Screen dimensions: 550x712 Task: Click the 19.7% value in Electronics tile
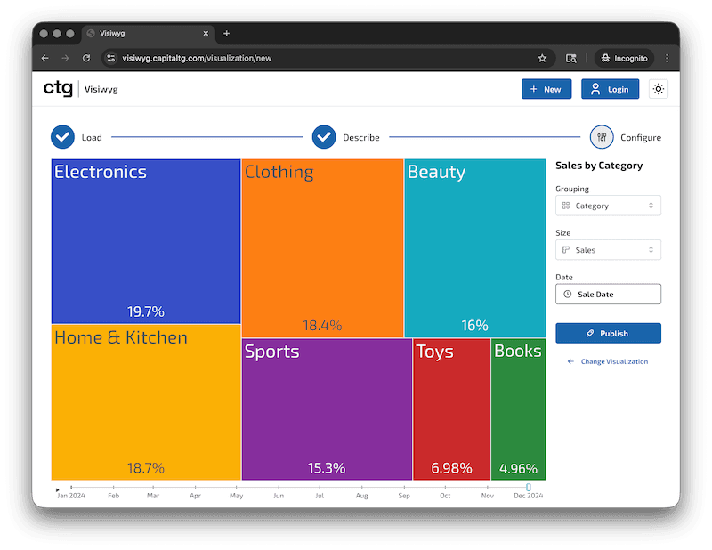[x=146, y=311]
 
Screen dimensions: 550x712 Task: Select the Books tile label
[x=517, y=351]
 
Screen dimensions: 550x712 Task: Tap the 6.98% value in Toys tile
[x=451, y=468]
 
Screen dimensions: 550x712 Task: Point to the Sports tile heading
[x=271, y=352]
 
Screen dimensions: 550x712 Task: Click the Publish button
[x=608, y=333]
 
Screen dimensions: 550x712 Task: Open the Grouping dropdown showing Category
[x=608, y=206]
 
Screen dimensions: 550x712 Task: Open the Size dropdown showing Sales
[x=608, y=250]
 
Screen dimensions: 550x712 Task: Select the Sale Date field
[x=608, y=294]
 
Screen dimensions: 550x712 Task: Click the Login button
[x=610, y=89]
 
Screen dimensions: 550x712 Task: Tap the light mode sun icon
[x=659, y=89]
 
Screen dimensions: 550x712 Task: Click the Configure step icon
[x=602, y=137]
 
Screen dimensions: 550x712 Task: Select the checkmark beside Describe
[x=324, y=137]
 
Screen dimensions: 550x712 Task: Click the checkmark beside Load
[x=62, y=137]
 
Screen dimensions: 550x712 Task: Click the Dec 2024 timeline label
[x=528, y=496]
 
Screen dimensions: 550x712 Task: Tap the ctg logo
[x=58, y=88]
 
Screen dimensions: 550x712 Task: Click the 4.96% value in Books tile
[x=518, y=468]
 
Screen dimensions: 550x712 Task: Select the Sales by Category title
[x=598, y=166]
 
